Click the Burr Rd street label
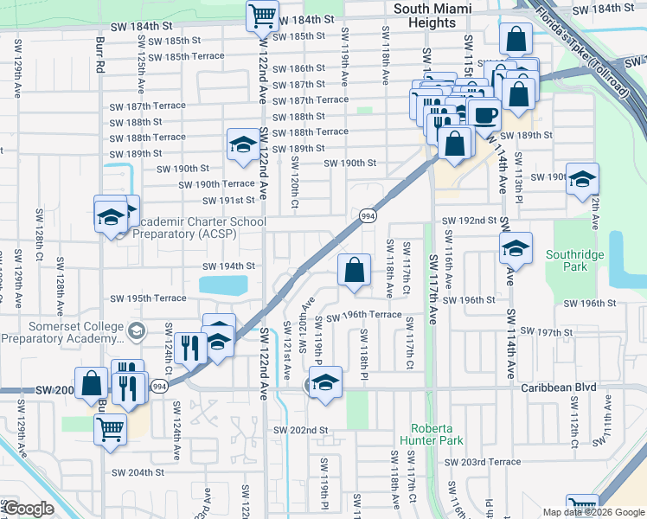click(101, 54)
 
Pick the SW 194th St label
click(228, 266)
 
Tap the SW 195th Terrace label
click(148, 298)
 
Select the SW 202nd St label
click(300, 430)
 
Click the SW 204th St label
click(138, 472)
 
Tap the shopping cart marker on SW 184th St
click(262, 14)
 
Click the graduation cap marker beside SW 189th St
click(244, 143)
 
